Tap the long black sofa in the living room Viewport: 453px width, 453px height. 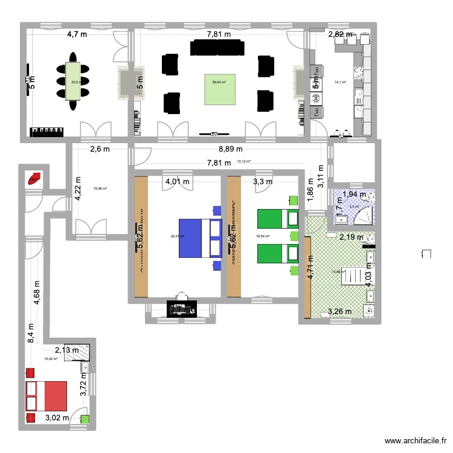[217, 47]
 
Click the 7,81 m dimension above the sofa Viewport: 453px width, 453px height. [219, 34]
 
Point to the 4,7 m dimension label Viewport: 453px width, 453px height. [77, 34]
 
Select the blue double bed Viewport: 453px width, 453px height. [199, 238]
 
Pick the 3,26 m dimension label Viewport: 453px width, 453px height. [338, 312]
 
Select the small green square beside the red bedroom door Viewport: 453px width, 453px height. [85, 419]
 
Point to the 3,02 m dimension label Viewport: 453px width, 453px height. [57, 417]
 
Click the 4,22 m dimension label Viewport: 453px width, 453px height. [77, 187]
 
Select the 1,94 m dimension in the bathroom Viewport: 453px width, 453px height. [354, 194]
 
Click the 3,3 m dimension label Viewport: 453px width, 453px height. [262, 181]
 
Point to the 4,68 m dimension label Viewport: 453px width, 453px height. [37, 294]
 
